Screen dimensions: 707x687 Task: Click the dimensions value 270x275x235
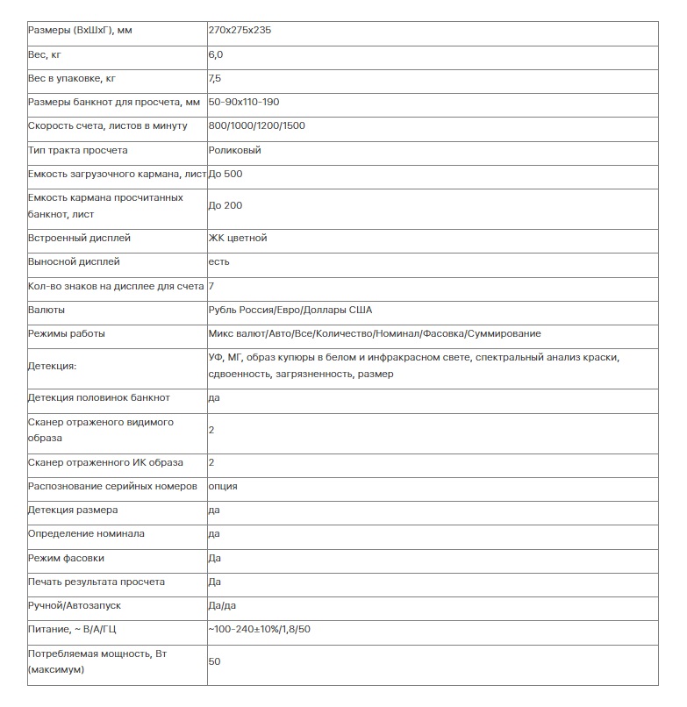point(240,31)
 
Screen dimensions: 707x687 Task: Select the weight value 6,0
point(216,54)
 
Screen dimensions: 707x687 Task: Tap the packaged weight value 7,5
point(216,78)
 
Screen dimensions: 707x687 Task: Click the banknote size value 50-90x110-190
point(244,102)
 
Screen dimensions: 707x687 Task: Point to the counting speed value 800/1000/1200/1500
point(257,125)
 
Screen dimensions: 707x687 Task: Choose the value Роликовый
point(235,150)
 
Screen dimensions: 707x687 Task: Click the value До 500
point(225,174)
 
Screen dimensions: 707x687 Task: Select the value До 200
point(225,205)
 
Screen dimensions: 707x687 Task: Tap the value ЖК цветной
point(238,238)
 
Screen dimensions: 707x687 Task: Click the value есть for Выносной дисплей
point(219,261)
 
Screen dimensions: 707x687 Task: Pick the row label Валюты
point(47,310)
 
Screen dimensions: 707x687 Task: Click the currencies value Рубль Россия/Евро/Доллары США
point(290,310)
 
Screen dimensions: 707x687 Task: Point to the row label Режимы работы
point(67,333)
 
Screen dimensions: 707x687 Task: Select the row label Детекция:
point(53,366)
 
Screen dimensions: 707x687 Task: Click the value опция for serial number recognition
point(223,486)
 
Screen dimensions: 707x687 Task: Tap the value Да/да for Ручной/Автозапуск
point(222,605)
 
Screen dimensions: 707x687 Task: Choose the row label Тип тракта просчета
point(78,150)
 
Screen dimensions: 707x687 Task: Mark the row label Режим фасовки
point(66,558)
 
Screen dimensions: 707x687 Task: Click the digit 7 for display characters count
point(211,286)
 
